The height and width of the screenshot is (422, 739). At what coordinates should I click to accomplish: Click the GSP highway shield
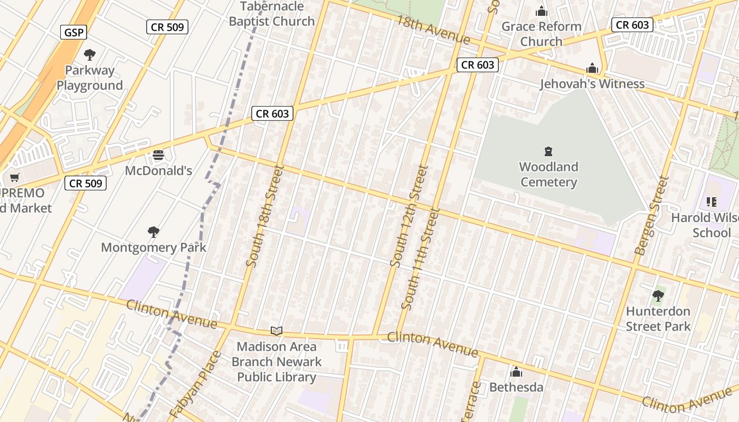tap(73, 32)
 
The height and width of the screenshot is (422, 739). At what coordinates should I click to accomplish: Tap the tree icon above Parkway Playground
tap(90, 54)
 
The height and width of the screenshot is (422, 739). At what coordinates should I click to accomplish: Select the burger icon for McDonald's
tap(158, 155)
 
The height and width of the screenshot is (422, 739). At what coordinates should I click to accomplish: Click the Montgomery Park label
tap(153, 247)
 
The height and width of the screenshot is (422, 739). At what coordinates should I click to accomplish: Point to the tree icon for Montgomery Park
tap(154, 232)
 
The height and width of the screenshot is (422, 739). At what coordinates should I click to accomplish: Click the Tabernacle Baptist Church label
tap(272, 14)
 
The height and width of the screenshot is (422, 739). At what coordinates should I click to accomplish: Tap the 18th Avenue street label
tap(432, 30)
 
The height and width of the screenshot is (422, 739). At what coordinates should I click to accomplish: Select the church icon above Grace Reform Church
tap(542, 11)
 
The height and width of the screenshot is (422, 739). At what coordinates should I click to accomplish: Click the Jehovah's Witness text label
tap(592, 84)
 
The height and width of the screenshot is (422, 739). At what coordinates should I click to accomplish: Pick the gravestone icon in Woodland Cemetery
tap(548, 151)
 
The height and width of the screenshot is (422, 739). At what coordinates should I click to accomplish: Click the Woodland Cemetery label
tap(548, 175)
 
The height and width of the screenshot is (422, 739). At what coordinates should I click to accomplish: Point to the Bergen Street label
tap(651, 215)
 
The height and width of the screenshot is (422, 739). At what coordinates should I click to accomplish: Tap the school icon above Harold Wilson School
tap(711, 202)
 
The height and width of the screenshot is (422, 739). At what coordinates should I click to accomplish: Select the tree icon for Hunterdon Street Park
tap(658, 296)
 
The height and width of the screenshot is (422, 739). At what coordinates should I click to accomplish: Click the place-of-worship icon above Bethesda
tap(516, 372)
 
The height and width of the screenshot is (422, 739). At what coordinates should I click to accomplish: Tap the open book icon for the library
tap(277, 331)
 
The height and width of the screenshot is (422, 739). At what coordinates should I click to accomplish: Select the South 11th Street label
tap(420, 258)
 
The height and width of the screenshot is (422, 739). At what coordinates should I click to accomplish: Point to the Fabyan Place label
tap(195, 385)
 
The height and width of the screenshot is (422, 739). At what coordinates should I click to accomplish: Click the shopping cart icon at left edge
tap(15, 178)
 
